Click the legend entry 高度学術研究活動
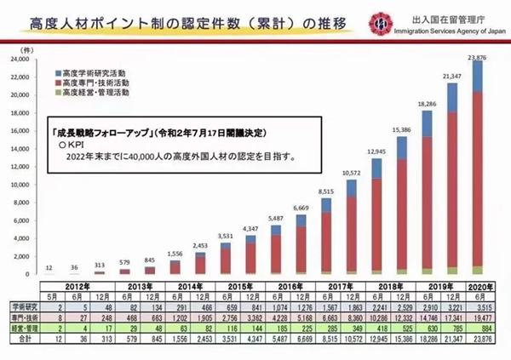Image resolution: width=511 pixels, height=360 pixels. coord(93,76)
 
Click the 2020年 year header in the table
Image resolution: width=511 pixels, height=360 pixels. coord(479,286)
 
